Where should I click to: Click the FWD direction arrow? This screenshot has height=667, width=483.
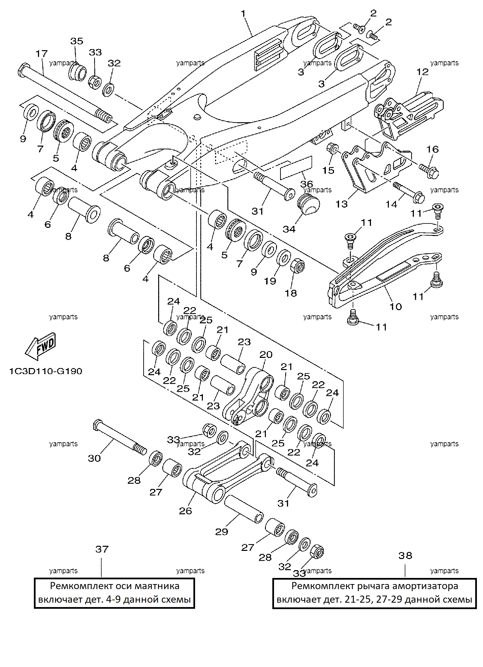pos(40,346)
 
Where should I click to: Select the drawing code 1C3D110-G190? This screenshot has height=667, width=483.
pos(46,371)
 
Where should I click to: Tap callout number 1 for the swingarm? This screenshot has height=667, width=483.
pos(244,14)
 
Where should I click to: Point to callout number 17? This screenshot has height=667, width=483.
pos(42,53)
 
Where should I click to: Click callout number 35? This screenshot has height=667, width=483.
pos(77,41)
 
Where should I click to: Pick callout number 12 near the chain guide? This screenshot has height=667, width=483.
pos(423,72)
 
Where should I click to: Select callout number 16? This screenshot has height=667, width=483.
pos(433,149)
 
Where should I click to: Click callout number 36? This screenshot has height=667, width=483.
pos(307,184)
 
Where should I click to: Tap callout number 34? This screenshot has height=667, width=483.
pos(289,229)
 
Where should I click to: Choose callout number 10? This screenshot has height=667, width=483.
pos(396,307)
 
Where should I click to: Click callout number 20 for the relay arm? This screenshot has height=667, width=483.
pos(266,354)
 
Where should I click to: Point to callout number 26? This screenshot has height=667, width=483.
pos(185,511)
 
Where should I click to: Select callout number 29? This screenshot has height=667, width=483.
pos(222,532)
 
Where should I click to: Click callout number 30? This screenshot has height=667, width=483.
pos(94,458)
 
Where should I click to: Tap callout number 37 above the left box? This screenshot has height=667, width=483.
pos(102,549)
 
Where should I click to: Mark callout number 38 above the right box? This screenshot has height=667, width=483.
pos(405,556)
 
